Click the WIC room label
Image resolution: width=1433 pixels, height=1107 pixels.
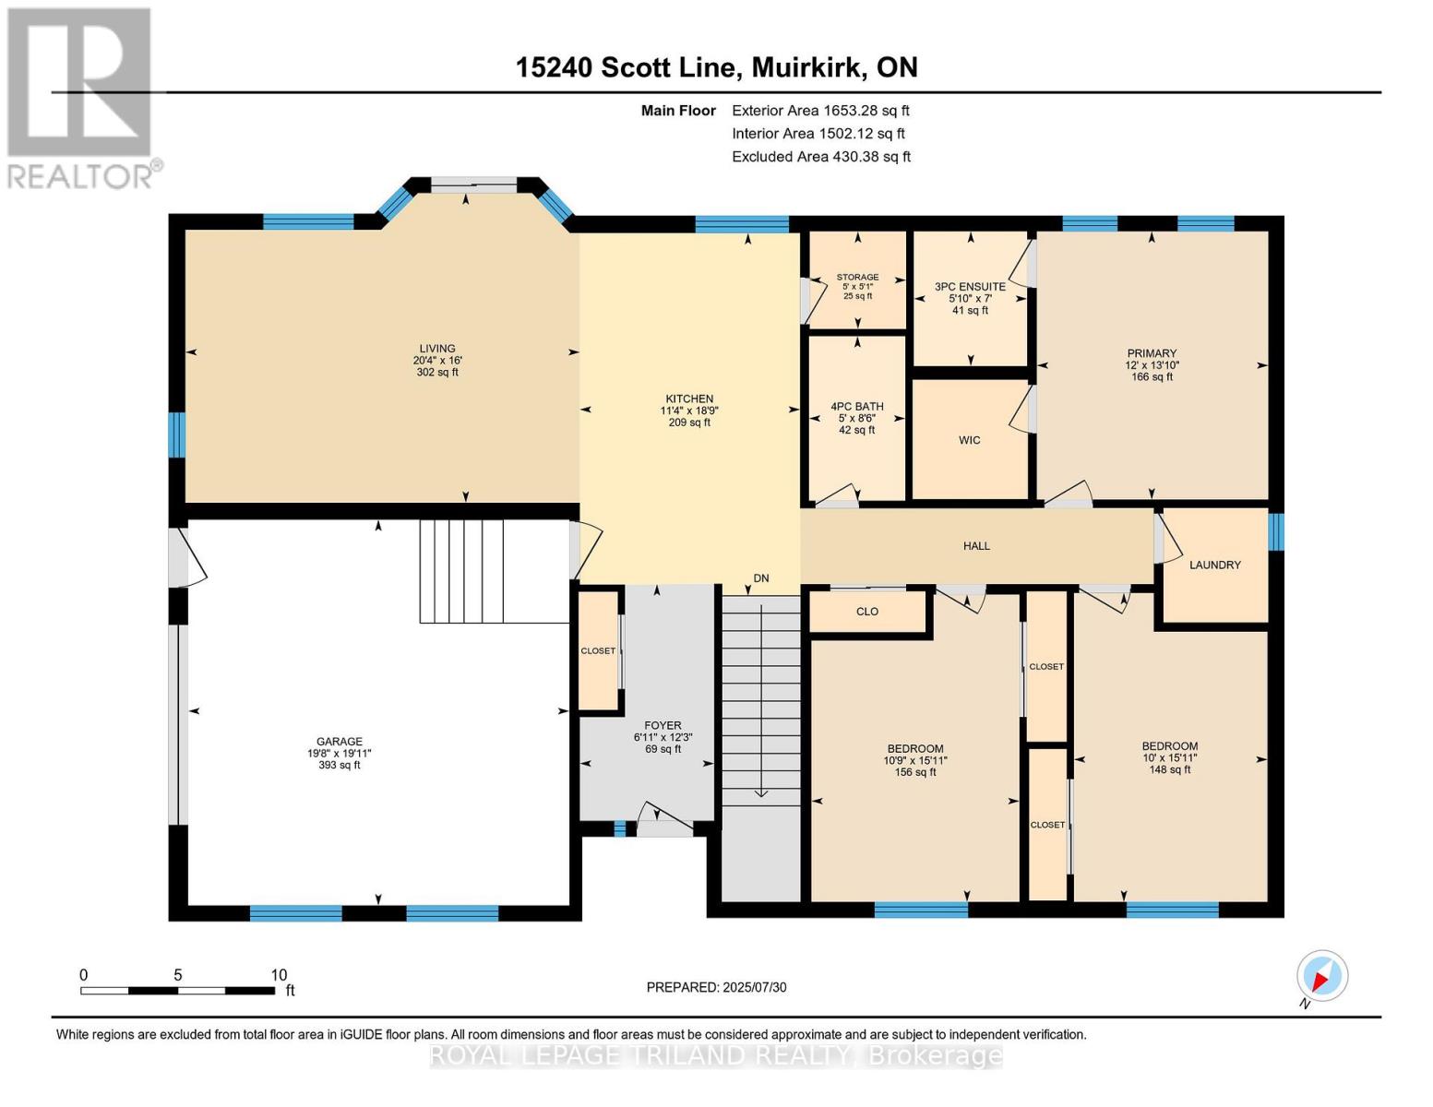coord(969,440)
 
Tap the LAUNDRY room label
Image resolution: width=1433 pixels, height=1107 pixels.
coord(1214,565)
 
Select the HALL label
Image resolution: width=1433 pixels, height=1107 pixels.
coord(976,546)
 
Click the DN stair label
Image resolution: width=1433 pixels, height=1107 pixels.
coord(761,578)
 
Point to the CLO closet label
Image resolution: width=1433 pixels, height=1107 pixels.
coord(867,612)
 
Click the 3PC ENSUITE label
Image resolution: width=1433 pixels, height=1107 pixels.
coord(970,287)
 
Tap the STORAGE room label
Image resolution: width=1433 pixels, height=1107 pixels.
coord(857,277)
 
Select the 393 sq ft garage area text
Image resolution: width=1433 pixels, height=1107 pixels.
coord(339,765)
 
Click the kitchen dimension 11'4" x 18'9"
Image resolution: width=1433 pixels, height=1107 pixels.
coord(689,411)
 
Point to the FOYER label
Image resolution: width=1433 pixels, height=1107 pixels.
coord(663,725)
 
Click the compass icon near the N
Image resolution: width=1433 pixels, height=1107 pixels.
coord(1322,976)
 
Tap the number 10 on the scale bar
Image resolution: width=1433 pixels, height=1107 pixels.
coord(279,975)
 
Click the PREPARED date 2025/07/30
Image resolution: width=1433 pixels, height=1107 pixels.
coord(755,987)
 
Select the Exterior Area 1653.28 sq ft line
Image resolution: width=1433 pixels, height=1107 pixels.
coord(820,111)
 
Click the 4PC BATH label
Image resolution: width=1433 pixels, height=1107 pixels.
coord(856,407)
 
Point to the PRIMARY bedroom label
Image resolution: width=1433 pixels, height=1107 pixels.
coord(1152,353)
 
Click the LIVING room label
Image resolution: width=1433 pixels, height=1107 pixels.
coord(437,348)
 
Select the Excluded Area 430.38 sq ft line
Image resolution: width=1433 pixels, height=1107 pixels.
coord(821,157)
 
